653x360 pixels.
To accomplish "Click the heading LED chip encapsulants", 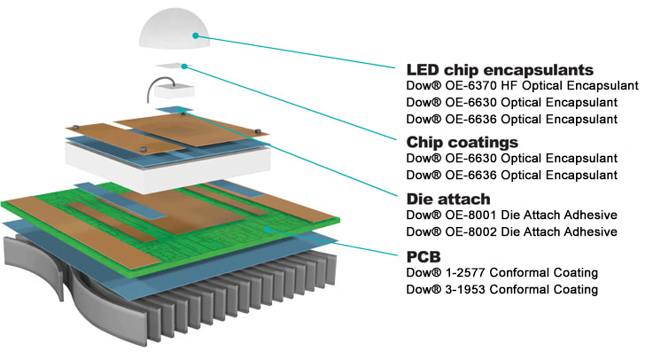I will click(x=499, y=69).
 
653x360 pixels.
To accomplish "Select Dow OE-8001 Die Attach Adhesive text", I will click(x=510, y=215).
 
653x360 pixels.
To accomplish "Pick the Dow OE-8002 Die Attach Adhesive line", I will click(x=510, y=231).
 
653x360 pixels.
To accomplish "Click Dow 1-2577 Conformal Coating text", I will click(x=501, y=272).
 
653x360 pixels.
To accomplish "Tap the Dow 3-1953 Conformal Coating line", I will click(x=501, y=289).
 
